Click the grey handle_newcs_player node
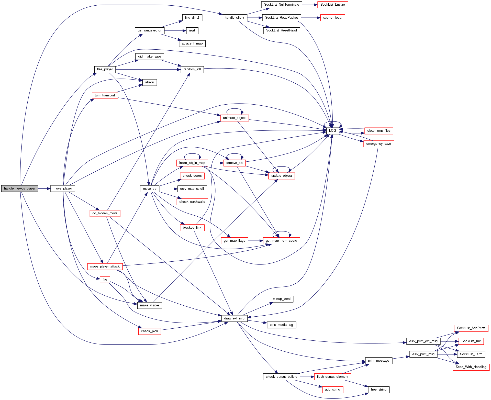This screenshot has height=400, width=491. click(20, 188)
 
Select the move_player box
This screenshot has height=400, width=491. click(63, 188)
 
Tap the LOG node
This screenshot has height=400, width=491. click(332, 131)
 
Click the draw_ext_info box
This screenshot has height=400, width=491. click(234, 318)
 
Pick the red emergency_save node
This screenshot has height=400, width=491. click(378, 144)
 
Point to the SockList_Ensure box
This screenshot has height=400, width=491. click(332, 5)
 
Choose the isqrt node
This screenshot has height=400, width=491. click(192, 30)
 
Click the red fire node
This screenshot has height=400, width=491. click(105, 280)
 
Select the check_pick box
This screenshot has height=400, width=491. click(149, 331)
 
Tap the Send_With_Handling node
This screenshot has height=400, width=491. click(471, 367)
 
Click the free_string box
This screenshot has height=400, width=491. click(378, 390)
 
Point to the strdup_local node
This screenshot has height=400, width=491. click(282, 299)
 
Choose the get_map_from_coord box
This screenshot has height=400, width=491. click(281, 241)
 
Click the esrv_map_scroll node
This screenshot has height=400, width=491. click(192, 189)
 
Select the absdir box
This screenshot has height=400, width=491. click(150, 82)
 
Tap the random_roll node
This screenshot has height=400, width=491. click(192, 69)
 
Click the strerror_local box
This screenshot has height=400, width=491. click(332, 18)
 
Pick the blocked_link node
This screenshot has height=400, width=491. click(192, 228)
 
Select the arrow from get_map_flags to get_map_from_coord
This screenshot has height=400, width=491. click(255, 241)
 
